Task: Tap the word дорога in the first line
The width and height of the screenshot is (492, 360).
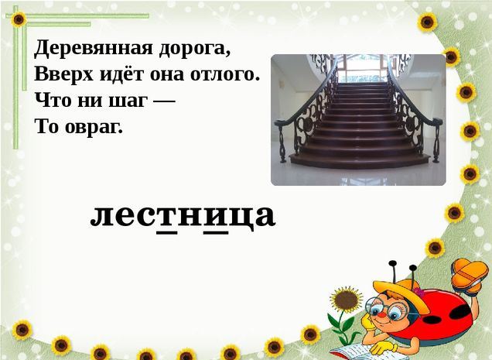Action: pyautogui.click(x=195, y=50)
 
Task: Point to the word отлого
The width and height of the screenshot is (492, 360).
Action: pyautogui.click(x=225, y=75)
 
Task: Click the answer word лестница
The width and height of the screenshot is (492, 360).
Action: pyautogui.click(x=183, y=216)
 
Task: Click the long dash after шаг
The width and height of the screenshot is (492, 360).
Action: pyautogui.click(x=164, y=101)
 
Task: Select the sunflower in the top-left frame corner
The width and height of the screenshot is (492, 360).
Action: pyautogui.click(x=19, y=19)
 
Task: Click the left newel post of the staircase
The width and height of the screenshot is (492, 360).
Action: pyautogui.click(x=282, y=141)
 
